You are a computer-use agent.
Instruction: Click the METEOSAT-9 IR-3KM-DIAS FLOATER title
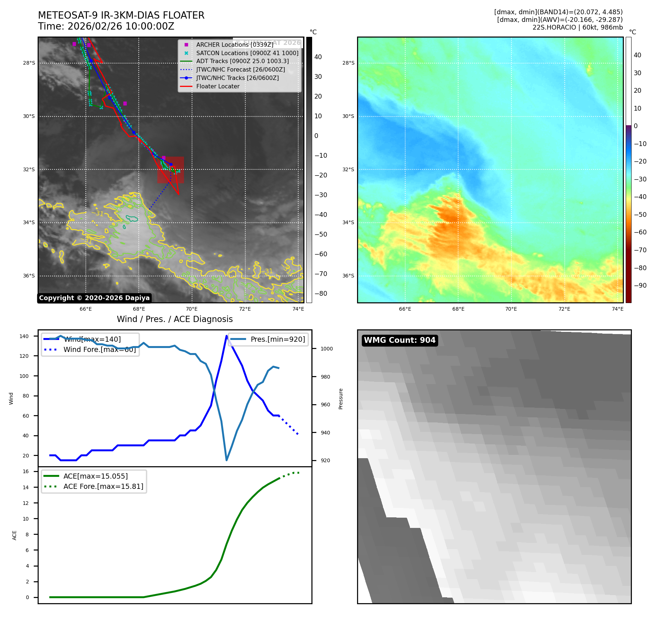click(x=121, y=15)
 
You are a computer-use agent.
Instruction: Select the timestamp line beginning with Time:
click(x=106, y=26)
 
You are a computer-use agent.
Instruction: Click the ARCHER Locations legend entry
click(x=234, y=45)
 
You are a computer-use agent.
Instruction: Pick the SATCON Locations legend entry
click(x=247, y=53)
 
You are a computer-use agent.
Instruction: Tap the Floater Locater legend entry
click(x=218, y=87)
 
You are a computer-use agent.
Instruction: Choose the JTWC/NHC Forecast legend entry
click(x=240, y=70)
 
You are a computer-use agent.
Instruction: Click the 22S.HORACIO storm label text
click(x=578, y=27)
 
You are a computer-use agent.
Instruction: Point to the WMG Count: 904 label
click(x=399, y=340)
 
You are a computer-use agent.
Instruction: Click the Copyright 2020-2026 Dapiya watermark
click(x=94, y=298)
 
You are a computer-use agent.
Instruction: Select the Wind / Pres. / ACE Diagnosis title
click(x=174, y=319)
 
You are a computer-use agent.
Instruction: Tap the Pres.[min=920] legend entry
click(x=277, y=339)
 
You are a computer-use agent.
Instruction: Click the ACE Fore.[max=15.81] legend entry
click(x=103, y=486)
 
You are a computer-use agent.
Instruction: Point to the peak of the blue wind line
click(x=226, y=336)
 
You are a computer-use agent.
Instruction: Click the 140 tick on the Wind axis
click(x=24, y=336)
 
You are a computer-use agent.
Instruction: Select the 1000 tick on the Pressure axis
click(x=326, y=349)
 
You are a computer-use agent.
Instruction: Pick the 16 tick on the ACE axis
click(x=26, y=471)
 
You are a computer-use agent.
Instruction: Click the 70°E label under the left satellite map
click(x=192, y=309)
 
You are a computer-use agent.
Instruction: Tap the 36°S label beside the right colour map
click(x=348, y=276)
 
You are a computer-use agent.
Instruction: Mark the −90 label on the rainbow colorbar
click(x=640, y=285)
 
